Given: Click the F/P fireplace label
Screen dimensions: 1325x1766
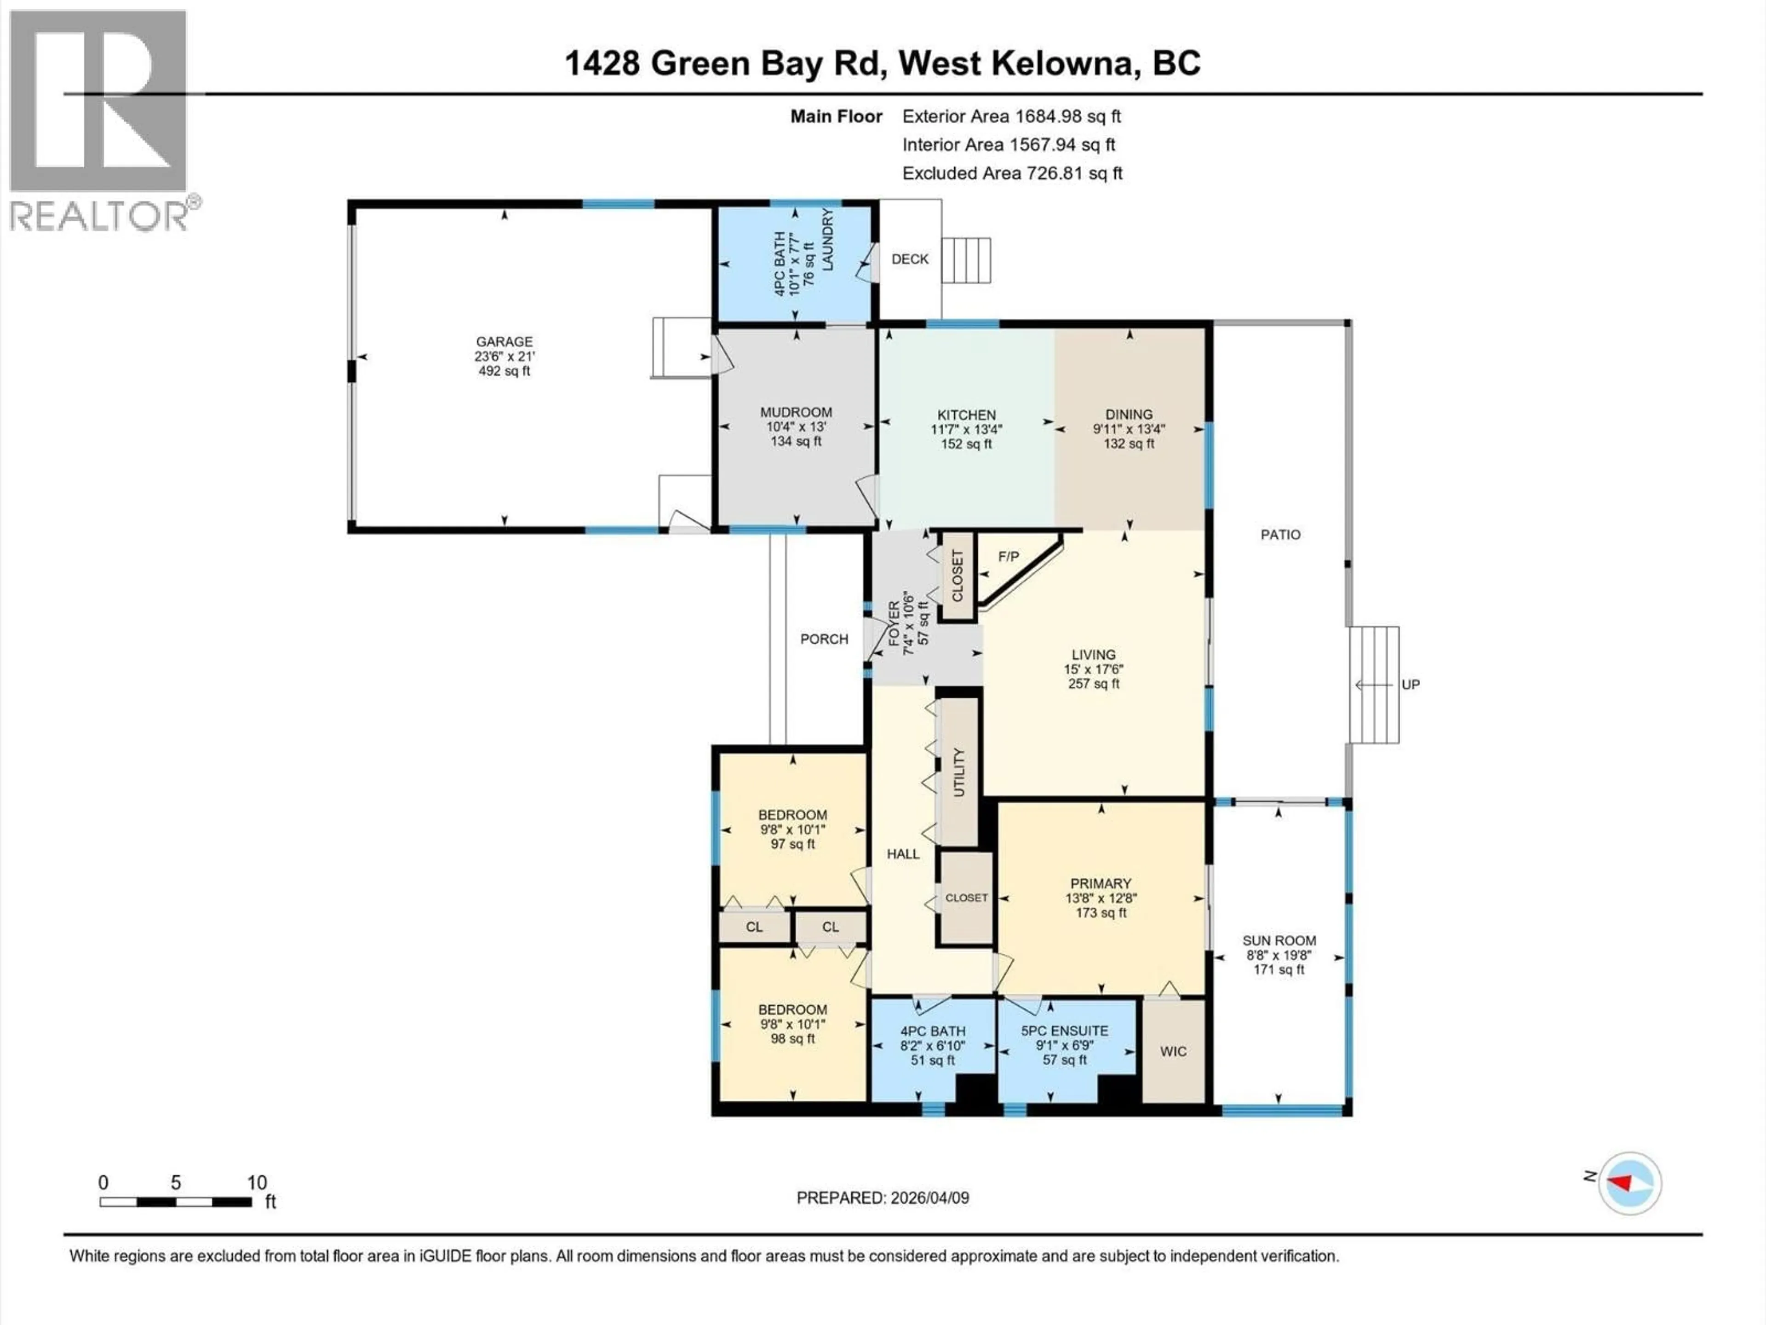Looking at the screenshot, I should click(x=1009, y=557).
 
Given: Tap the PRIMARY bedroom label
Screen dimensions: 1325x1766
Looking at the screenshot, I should click(x=1100, y=883).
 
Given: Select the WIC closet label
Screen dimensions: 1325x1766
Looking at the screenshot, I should click(x=1173, y=1052).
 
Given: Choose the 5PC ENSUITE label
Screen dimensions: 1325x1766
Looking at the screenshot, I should click(x=1064, y=1031).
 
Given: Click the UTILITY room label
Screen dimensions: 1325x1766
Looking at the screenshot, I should click(x=959, y=772).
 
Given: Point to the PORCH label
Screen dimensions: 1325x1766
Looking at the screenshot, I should click(x=824, y=639).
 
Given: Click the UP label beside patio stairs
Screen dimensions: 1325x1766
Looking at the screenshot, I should click(x=1410, y=685).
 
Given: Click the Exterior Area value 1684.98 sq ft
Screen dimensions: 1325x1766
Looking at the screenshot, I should click(x=1066, y=116).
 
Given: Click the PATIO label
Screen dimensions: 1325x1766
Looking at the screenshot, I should click(x=1280, y=534).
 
